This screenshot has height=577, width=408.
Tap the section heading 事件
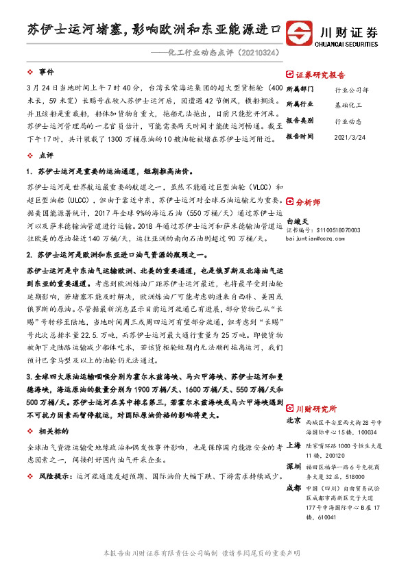coord(47,71)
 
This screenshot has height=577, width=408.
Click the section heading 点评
coord(47,156)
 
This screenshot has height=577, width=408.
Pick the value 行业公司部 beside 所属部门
coord(352,90)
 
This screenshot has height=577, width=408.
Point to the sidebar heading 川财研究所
coord(315,406)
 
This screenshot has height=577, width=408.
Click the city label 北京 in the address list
coord(293,420)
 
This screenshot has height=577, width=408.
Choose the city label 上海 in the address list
coord(293,445)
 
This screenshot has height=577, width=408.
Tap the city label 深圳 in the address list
coord(293,465)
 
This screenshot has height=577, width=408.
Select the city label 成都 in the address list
coord(293,487)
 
